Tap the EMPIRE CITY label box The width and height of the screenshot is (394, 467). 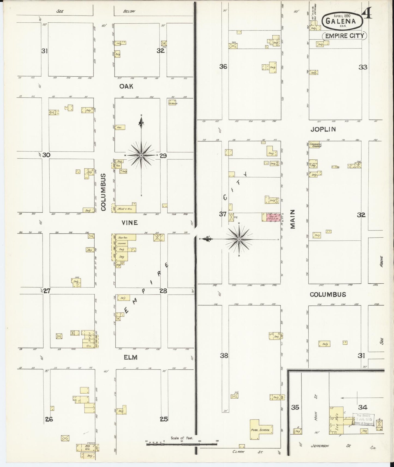click(x=344, y=36)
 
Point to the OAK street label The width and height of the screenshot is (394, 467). click(x=126, y=86)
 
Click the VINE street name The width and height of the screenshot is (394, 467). click(x=130, y=223)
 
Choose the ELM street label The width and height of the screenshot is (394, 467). click(x=130, y=357)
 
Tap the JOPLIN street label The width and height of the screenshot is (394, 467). click(x=323, y=129)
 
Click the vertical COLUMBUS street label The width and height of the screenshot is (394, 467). click(x=103, y=192)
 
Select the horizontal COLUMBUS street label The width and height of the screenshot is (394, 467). click(x=328, y=295)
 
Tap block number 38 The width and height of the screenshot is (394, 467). click(x=224, y=356)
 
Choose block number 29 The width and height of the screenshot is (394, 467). click(x=163, y=156)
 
